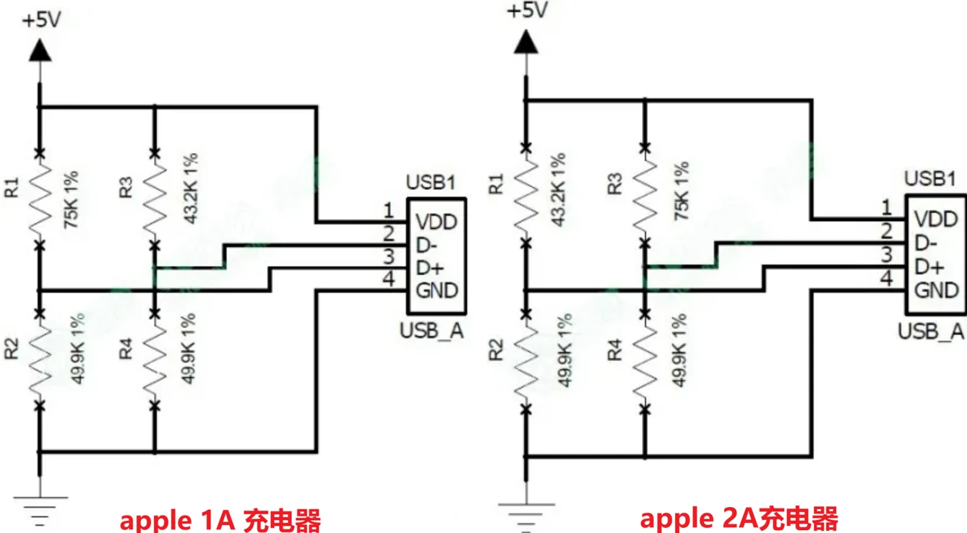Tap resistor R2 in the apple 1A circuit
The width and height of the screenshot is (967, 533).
point(40,357)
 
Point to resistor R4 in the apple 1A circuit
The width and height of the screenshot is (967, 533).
point(154,357)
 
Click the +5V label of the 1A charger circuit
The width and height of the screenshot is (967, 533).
point(41,20)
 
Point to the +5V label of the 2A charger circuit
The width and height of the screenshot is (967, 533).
point(527,12)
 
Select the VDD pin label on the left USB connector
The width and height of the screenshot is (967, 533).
point(437,222)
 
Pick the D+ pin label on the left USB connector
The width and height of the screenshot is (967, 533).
point(429,268)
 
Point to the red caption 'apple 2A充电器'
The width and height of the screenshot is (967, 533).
point(739,519)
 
